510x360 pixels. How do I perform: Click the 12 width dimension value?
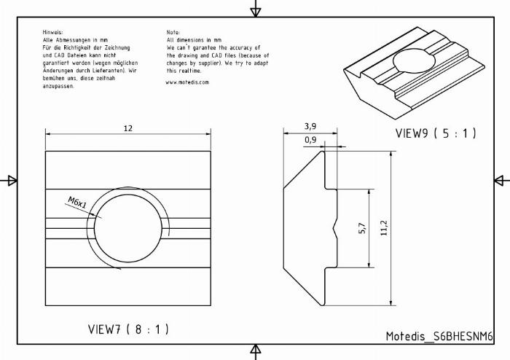pos(128,128)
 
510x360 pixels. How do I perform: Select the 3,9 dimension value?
pos(310,126)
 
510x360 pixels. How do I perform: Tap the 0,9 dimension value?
pos(310,140)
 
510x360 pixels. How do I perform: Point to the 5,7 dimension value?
pos(362,228)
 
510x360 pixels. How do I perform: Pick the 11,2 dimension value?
pos(384,227)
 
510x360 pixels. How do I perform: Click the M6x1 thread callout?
pos(77,203)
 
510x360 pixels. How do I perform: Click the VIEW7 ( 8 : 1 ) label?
pos(128,329)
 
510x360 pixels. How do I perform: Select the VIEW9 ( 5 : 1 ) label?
pos(436,133)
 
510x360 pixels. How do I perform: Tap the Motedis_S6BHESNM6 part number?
pos(439,336)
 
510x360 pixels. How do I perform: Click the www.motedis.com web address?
pos(187,82)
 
